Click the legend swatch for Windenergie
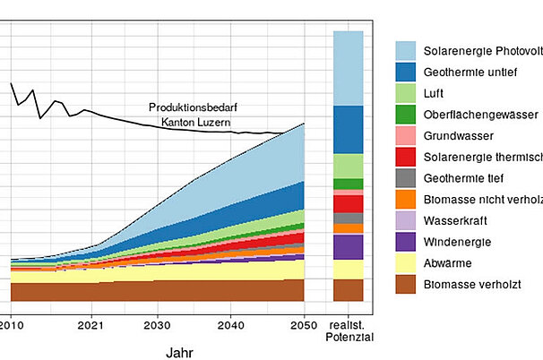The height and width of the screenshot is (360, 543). click(x=406, y=242)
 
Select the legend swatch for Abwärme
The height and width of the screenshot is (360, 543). click(x=406, y=263)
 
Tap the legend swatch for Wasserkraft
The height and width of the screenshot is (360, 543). click(x=406, y=220)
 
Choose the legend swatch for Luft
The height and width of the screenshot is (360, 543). click(x=406, y=92)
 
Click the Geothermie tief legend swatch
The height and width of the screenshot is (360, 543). click(x=406, y=178)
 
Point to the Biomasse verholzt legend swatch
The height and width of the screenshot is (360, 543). click(x=406, y=285)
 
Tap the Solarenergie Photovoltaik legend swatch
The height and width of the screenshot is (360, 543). click(x=406, y=50)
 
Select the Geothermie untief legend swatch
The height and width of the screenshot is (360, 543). click(x=406, y=72)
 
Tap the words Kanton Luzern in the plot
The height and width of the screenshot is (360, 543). click(x=196, y=122)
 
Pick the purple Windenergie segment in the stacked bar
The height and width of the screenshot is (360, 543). click(x=348, y=247)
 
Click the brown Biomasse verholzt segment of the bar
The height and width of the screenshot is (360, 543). click(x=348, y=290)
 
